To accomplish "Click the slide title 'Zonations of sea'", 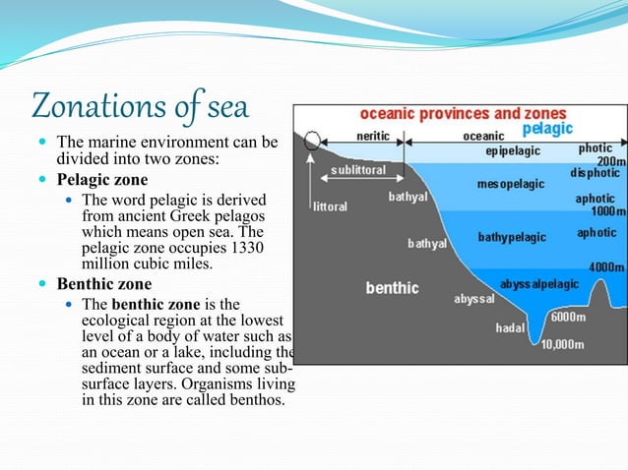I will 142,105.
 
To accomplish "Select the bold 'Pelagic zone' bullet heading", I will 102,180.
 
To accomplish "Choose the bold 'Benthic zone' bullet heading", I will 103,283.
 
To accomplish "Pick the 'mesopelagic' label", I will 508,184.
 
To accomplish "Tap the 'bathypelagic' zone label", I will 513,237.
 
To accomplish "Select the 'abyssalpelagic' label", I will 539,283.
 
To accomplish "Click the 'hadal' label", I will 509,327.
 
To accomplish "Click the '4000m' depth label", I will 604,266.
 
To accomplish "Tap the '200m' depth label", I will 610,160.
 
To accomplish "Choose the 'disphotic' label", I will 596,173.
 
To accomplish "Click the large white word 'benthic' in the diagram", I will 392,288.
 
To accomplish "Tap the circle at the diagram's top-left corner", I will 311,140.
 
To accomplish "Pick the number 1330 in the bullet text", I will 245,247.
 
